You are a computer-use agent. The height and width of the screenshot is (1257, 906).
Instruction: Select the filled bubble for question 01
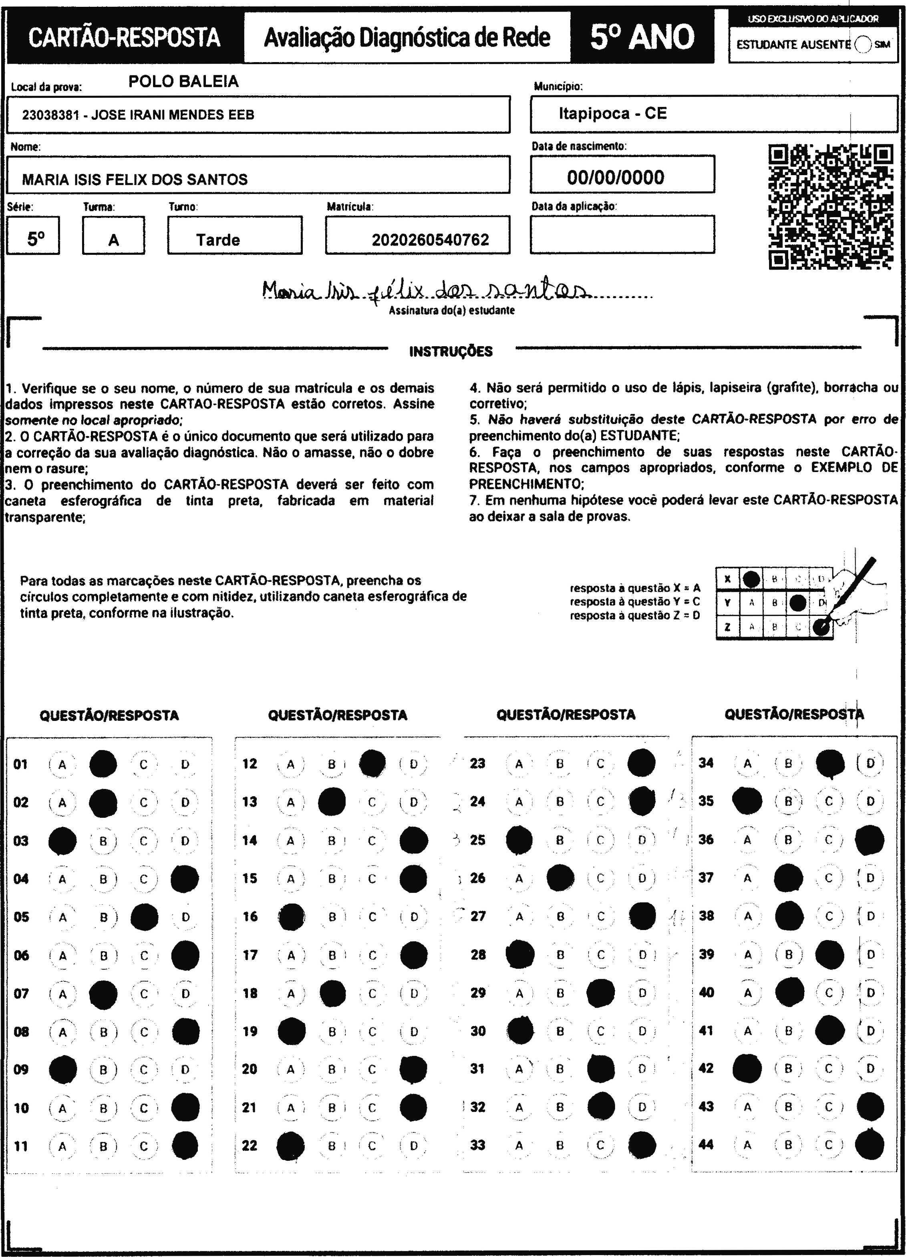click(103, 764)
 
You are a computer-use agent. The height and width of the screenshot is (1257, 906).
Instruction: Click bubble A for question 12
click(290, 764)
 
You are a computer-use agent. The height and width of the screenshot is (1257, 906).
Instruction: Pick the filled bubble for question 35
click(747, 801)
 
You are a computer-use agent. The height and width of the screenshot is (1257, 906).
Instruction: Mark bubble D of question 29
click(642, 993)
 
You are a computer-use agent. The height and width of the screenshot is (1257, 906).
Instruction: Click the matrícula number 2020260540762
click(430, 240)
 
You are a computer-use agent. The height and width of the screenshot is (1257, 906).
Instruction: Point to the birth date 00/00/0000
click(615, 178)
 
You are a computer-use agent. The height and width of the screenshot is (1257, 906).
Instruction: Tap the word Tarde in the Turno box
click(218, 240)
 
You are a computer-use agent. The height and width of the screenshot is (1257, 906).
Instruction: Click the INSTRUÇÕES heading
click(451, 351)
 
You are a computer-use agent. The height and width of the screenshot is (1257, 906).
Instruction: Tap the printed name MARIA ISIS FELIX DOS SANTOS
click(135, 180)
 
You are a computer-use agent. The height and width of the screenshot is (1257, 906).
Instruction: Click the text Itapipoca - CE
click(612, 114)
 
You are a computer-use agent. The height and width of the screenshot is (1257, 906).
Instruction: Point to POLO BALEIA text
click(183, 81)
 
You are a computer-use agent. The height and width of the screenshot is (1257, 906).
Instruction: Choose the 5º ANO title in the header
click(642, 37)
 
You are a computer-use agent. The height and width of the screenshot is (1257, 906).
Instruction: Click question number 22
click(250, 1145)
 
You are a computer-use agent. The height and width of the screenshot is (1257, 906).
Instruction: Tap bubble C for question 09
click(143, 1069)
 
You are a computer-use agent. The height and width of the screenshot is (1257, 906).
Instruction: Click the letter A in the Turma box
click(114, 240)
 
